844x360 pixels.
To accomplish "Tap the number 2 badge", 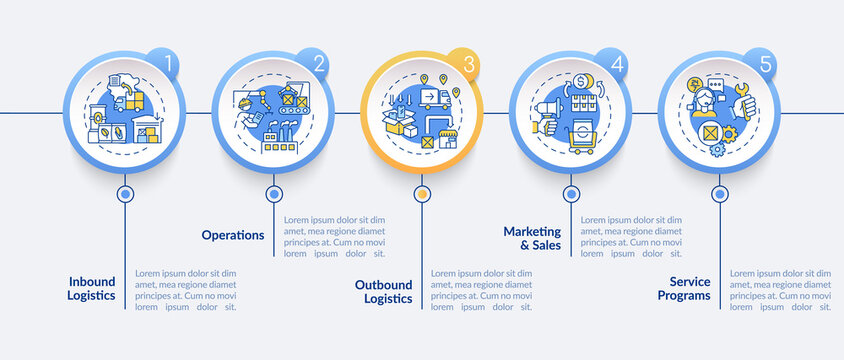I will pos(319,65).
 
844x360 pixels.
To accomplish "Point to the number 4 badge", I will pos(617,65).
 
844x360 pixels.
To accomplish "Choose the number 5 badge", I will pos(765,65).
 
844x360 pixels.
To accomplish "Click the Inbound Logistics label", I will pos(91,288).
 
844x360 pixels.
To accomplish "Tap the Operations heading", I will pos(233,235).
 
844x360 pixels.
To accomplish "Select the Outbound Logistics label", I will pos(384,291).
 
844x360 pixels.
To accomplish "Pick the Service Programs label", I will pos(684,288).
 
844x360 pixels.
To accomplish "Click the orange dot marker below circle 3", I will pos(422,194).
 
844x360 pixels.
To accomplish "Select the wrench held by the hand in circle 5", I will pos(743,99).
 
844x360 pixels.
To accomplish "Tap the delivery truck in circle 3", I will pos(432,96).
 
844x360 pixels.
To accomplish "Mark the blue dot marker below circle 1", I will pos(125,194).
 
